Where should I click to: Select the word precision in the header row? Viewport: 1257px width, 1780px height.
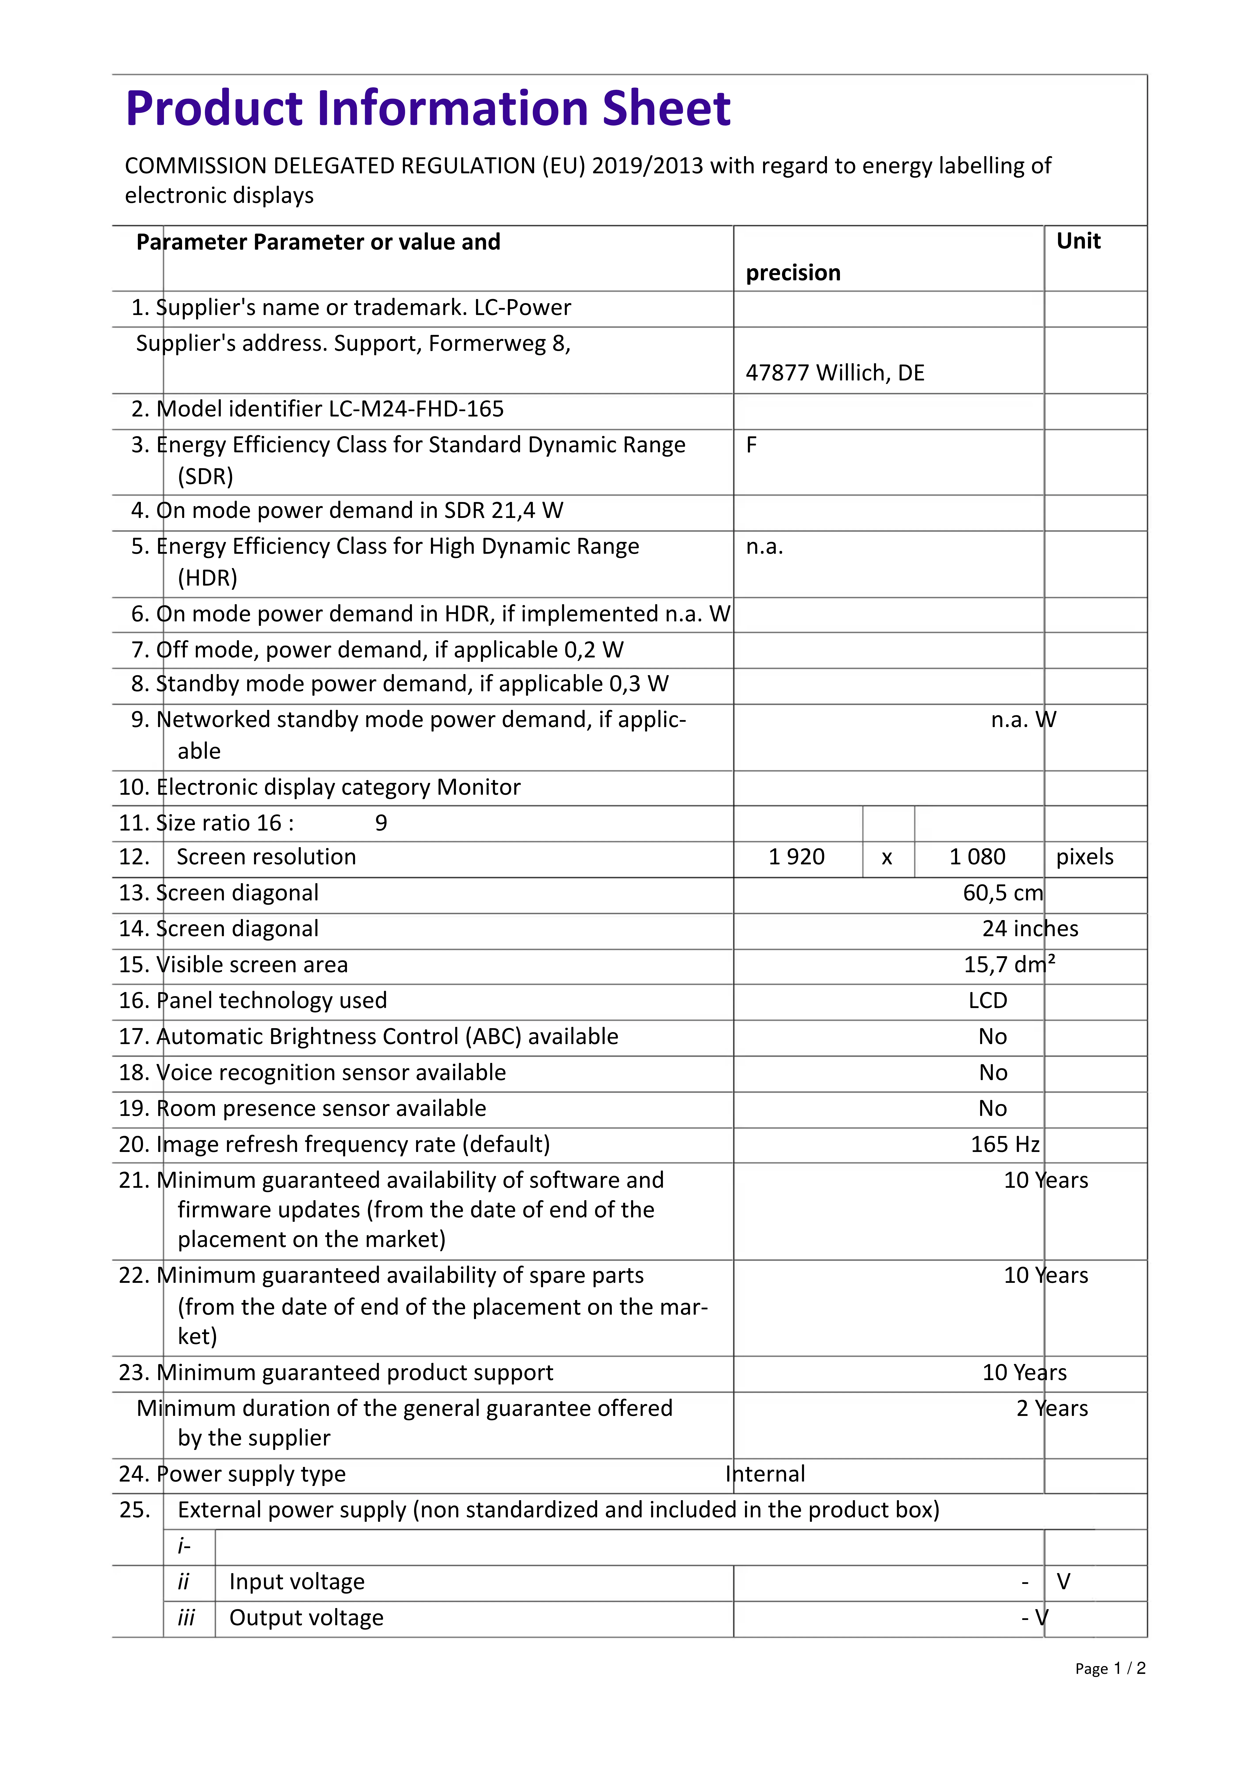tap(793, 273)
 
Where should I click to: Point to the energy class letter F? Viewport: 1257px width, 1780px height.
tap(751, 445)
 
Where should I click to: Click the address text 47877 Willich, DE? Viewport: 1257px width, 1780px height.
tap(835, 373)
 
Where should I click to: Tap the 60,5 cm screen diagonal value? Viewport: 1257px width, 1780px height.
tap(1003, 893)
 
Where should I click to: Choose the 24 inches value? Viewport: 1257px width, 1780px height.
tap(1030, 929)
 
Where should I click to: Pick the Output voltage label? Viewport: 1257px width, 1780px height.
tap(306, 1618)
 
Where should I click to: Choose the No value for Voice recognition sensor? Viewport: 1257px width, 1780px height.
tap(993, 1073)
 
